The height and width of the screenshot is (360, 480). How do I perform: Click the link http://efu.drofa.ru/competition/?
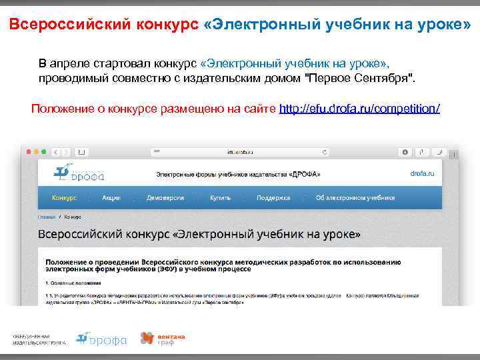point(360,108)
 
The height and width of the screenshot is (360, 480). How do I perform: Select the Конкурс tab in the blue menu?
point(64,198)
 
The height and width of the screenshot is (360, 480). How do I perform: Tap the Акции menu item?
point(111,198)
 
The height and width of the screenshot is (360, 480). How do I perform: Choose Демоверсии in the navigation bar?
point(165,198)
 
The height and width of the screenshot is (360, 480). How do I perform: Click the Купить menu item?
point(220,198)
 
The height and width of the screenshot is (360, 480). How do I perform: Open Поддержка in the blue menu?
point(273,198)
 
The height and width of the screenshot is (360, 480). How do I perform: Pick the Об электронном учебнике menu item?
point(355,198)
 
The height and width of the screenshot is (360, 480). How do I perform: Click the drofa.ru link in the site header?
point(422,173)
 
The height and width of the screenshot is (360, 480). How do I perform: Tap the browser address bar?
point(240,152)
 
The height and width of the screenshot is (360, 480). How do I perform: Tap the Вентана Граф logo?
point(162,339)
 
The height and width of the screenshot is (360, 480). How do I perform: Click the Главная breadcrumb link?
point(47,217)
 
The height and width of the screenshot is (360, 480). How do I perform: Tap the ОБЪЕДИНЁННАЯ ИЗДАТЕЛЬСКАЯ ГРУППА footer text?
point(37,339)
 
